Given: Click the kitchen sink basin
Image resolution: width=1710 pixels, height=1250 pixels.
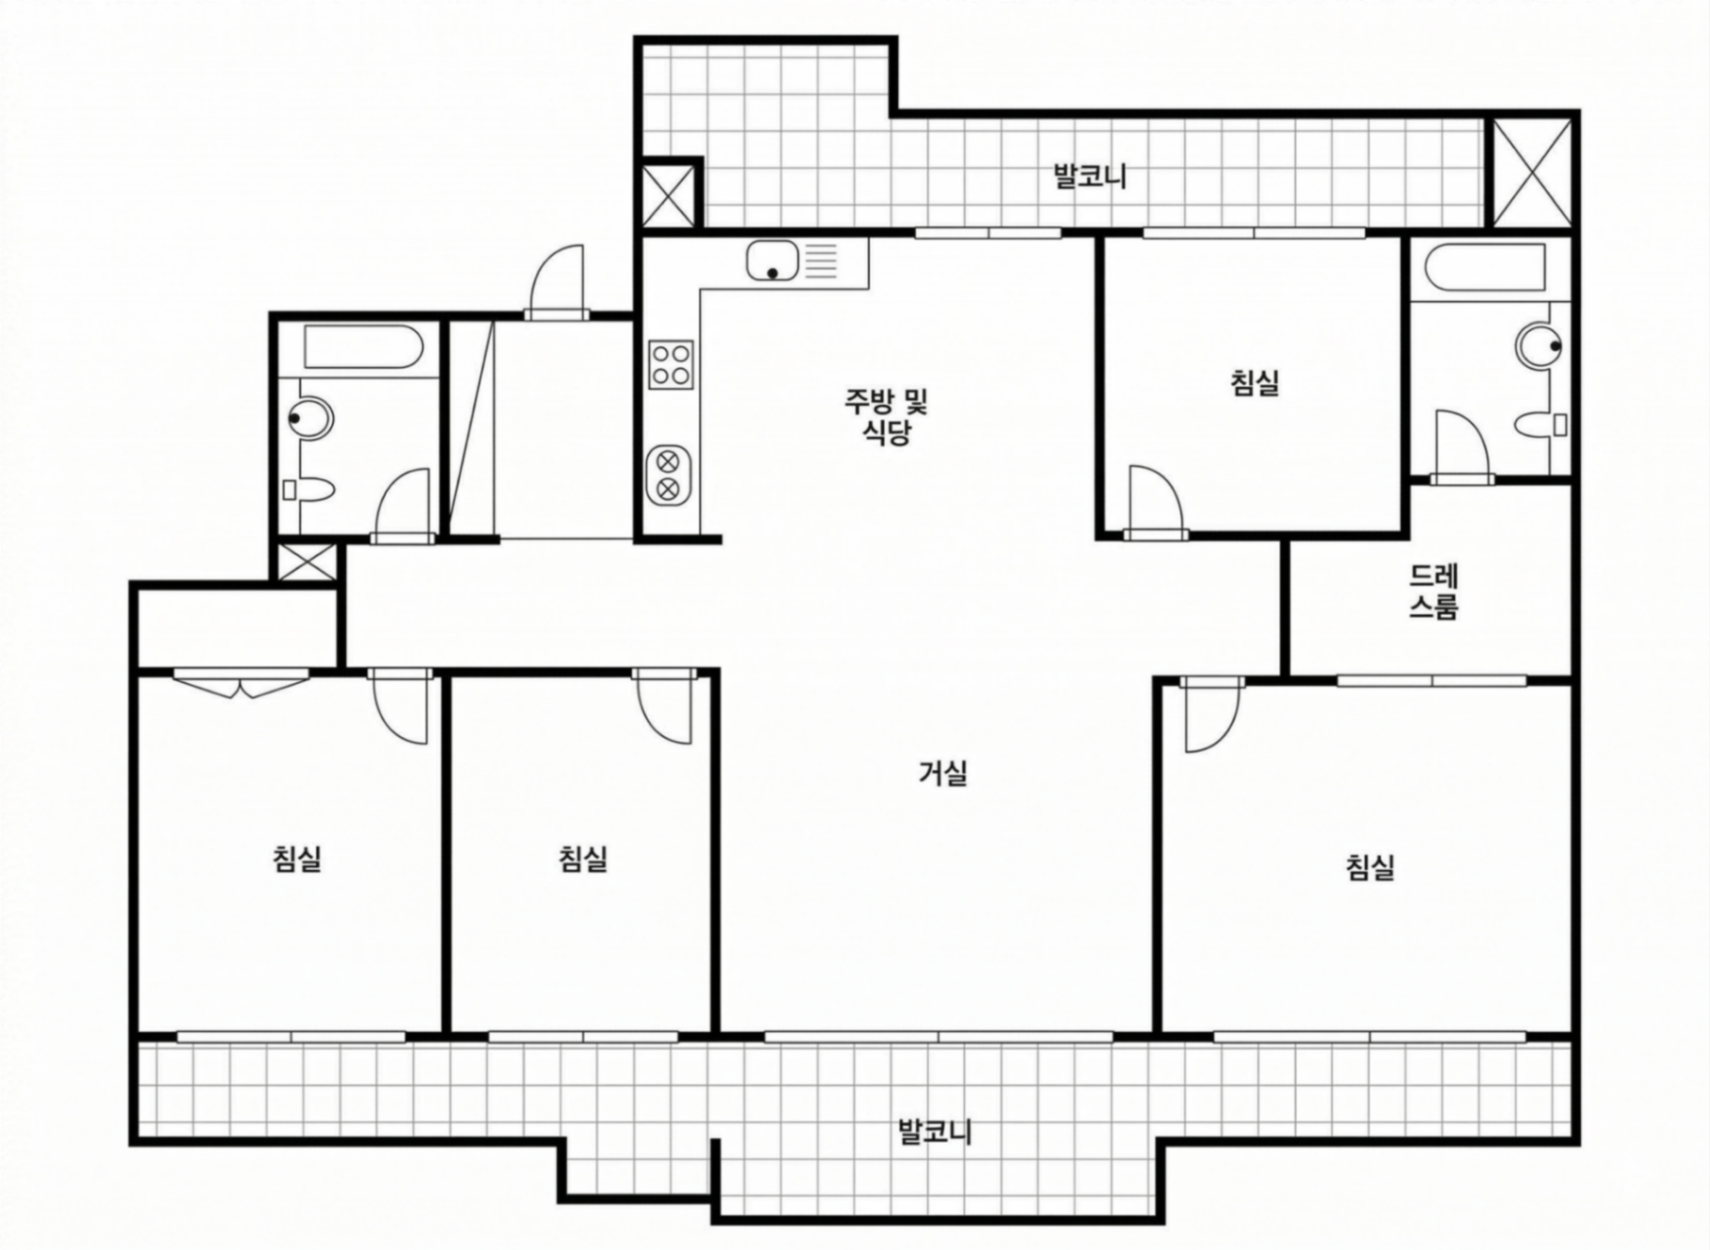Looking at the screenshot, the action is [772, 261].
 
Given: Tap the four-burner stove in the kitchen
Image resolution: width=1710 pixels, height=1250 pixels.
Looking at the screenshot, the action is [671, 365].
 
